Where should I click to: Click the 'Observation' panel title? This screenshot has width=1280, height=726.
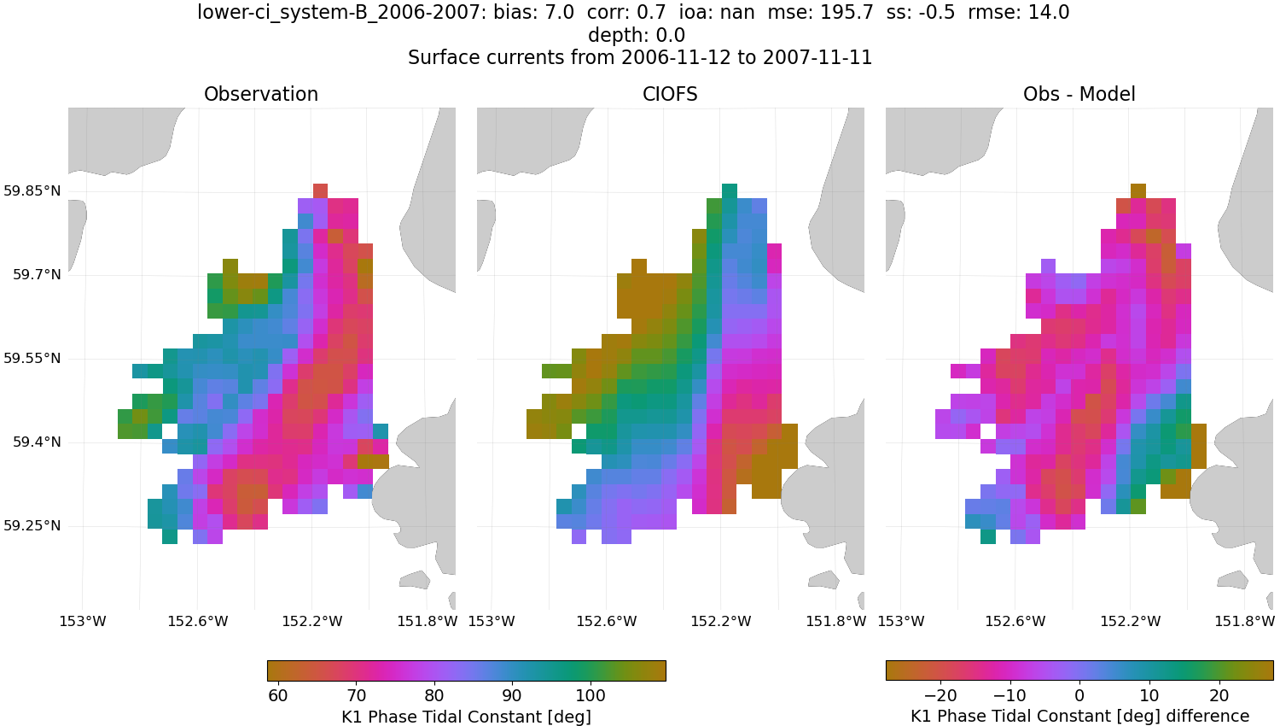click(261, 95)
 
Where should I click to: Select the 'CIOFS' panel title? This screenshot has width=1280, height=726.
click(670, 95)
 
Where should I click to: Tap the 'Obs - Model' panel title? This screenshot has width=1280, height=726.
click(1079, 95)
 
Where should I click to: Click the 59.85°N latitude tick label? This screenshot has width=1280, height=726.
click(32, 190)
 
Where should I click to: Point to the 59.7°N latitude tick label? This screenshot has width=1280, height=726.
click(37, 274)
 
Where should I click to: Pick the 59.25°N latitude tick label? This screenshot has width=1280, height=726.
click(32, 525)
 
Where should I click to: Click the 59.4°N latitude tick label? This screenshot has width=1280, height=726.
click(37, 442)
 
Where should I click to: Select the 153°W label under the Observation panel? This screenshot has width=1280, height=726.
click(83, 621)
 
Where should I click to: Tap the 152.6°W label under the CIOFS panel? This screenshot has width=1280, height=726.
click(607, 621)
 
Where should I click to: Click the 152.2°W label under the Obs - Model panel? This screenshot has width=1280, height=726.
click(1131, 621)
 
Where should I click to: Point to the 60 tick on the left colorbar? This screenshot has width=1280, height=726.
click(278, 695)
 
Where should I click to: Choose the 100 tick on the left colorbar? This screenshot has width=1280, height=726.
click(591, 695)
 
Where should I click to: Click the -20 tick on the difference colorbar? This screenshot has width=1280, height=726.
click(940, 695)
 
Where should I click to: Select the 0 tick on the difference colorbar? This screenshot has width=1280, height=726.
click(1079, 695)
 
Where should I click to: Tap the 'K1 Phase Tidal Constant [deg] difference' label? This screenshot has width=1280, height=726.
click(1079, 716)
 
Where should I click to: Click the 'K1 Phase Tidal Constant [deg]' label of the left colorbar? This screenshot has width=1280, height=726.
click(466, 716)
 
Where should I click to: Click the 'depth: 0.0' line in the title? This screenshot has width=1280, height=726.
click(637, 36)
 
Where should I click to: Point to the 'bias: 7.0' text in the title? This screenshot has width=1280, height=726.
click(533, 13)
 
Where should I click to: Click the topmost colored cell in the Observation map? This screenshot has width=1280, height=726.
click(320, 190)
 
